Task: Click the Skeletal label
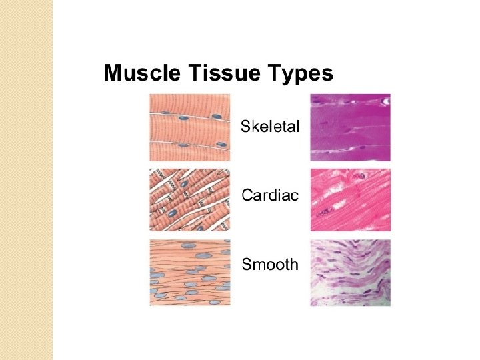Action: (270, 125)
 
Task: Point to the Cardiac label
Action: (270, 195)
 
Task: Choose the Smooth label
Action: (270, 264)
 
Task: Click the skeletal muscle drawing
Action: (189, 127)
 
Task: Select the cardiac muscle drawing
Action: (189, 199)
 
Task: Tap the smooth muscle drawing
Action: (189, 272)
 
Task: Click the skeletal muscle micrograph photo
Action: (351, 127)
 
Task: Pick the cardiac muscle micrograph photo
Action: (351, 199)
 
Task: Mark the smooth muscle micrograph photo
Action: (351, 272)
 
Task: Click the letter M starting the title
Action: (112, 73)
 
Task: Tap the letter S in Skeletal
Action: (246, 125)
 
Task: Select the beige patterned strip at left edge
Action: (26, 180)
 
